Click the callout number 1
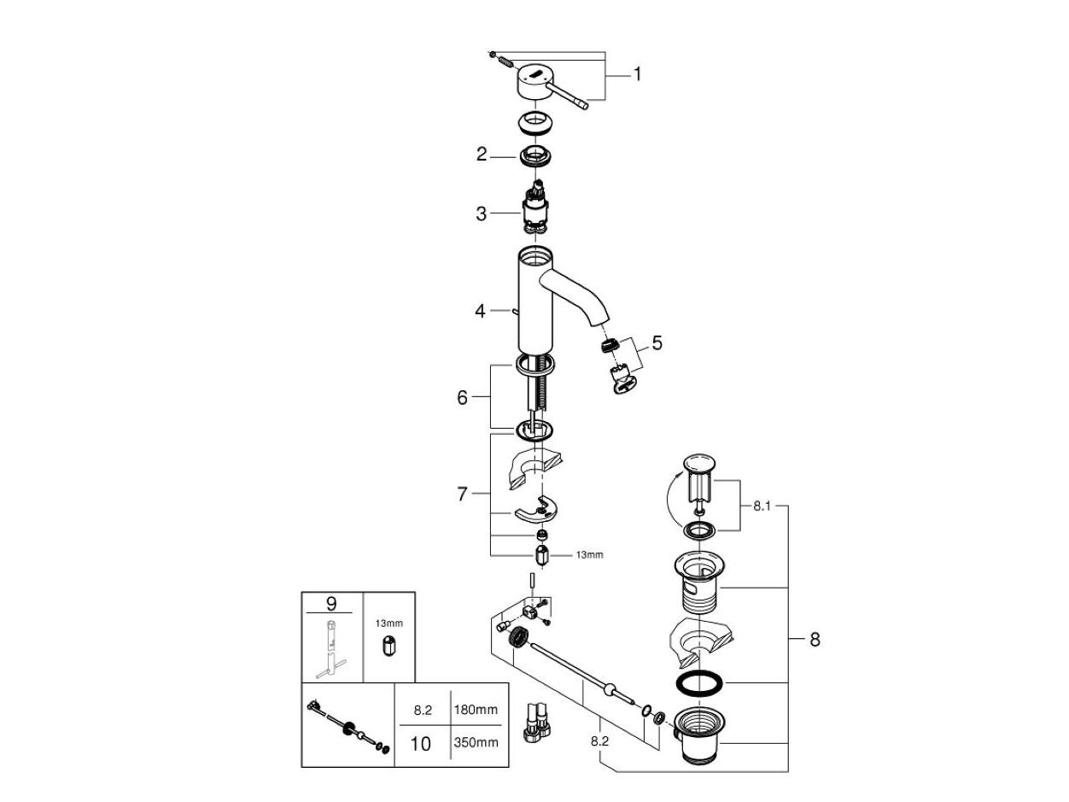coord(637,75)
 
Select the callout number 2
coord(482,155)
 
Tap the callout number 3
coord(482,214)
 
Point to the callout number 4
coord(481,312)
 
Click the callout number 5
coord(656,343)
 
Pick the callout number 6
coord(462,398)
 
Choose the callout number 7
coord(462,494)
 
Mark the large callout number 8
coord(814,639)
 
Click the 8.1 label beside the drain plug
coord(762,506)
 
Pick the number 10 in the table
coord(421,743)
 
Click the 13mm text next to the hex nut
coord(588,555)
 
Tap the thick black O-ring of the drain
coord(699,683)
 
